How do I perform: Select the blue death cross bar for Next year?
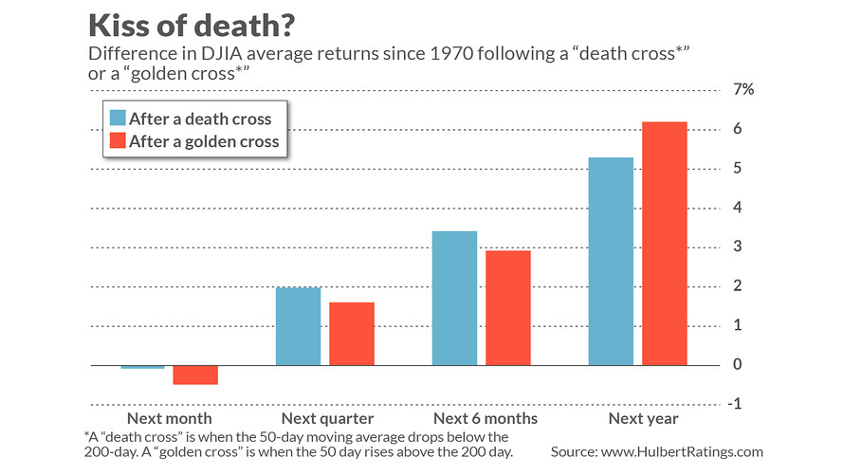pyautogui.click(x=610, y=261)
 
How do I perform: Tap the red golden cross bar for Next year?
pyautogui.click(x=664, y=244)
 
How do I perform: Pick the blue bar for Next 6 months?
pyautogui.click(x=454, y=298)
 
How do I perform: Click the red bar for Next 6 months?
pyautogui.click(x=507, y=307)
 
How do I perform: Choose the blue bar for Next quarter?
pyautogui.click(x=298, y=326)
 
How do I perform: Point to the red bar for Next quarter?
pyautogui.click(x=352, y=334)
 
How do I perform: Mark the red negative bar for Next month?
pyautogui.click(x=195, y=375)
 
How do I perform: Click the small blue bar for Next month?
pyautogui.click(x=142, y=367)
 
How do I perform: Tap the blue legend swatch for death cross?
pyautogui.click(x=118, y=119)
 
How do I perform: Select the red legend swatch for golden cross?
pyautogui.click(x=118, y=142)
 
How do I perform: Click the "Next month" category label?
pyautogui.click(x=169, y=418)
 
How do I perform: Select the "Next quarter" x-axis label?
pyautogui.click(x=327, y=418)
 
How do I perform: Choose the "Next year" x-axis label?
pyautogui.click(x=637, y=418)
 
